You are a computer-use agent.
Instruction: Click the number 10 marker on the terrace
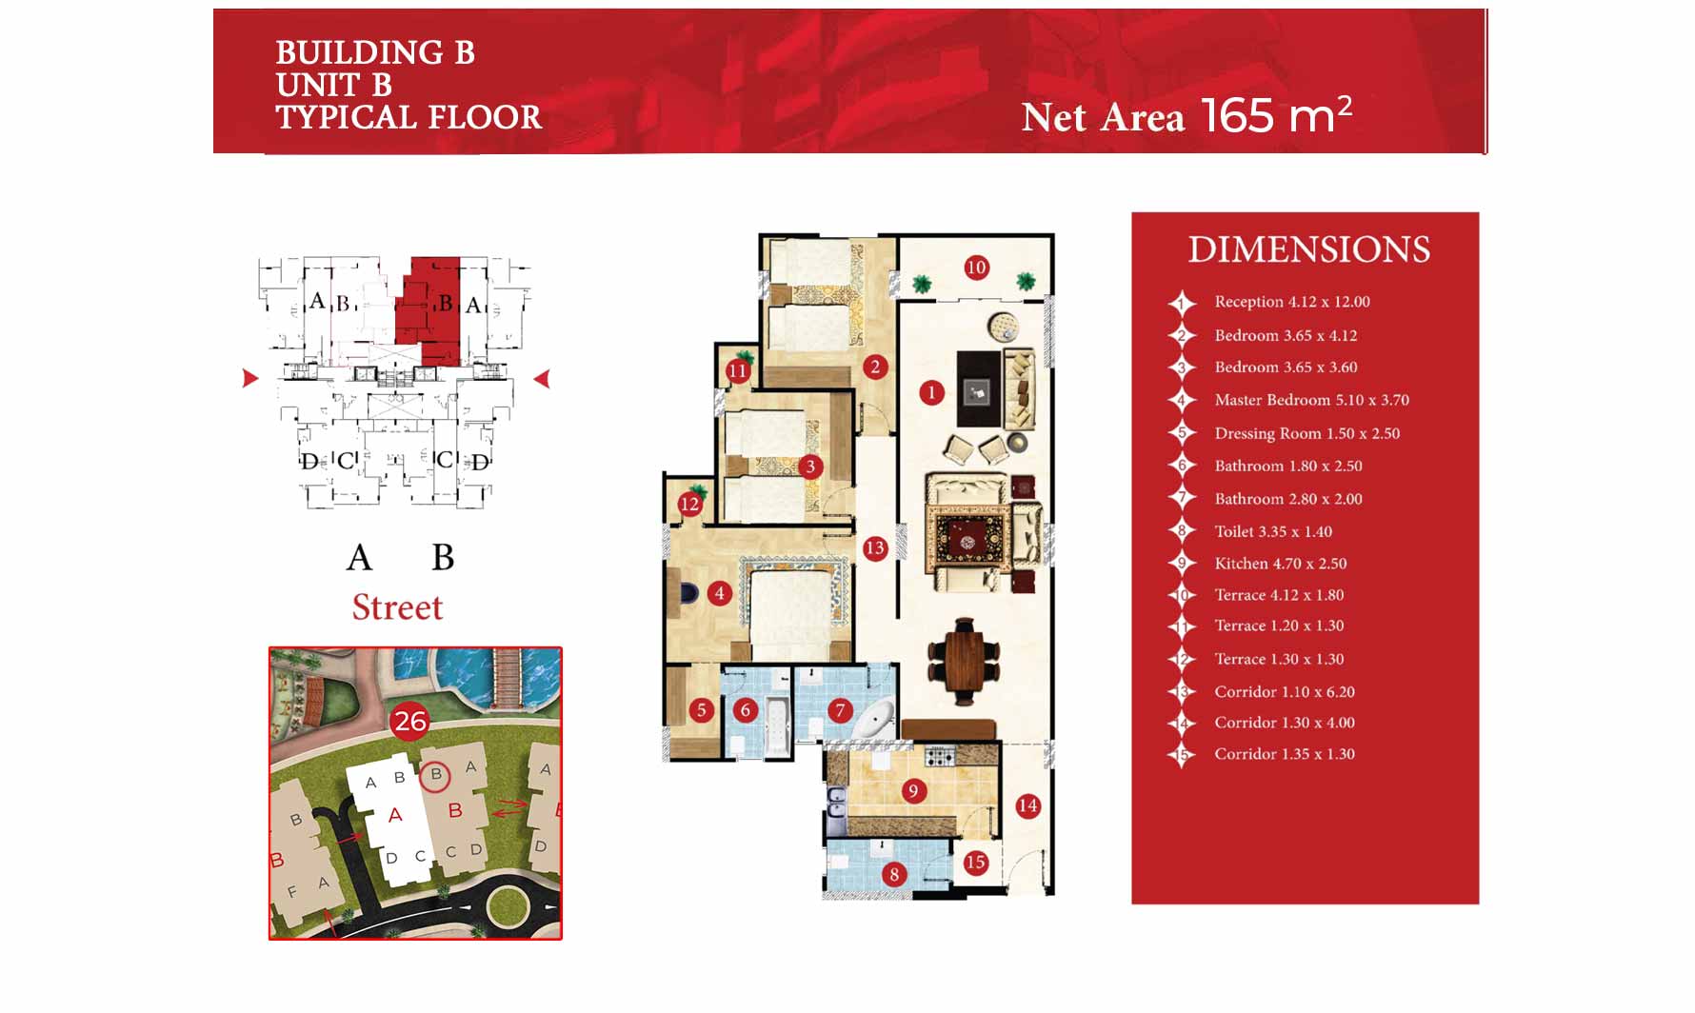[976, 268]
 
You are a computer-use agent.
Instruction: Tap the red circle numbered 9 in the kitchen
[913, 790]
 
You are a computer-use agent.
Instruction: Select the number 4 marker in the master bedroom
[719, 593]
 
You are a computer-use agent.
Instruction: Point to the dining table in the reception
[965, 660]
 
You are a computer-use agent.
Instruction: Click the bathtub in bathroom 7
[872, 720]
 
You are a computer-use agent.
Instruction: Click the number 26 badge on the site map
[410, 722]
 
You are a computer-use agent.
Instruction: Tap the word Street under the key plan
[398, 607]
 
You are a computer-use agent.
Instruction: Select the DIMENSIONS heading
[1308, 249]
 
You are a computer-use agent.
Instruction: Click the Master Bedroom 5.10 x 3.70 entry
[1311, 400]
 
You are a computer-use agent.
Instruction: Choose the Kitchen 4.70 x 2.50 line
[1280, 564]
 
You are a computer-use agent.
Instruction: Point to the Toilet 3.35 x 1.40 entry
[1273, 531]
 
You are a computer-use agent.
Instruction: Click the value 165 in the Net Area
[1237, 115]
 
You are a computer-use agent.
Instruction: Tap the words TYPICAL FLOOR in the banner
[409, 117]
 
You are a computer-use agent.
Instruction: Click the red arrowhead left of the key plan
[250, 378]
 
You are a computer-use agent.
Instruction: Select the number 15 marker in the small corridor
[975, 863]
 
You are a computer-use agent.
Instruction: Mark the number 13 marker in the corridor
[875, 547]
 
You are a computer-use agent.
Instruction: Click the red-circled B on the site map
[435, 775]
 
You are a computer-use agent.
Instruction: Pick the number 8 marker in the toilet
[893, 874]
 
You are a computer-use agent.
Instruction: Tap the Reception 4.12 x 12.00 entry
[1292, 302]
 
